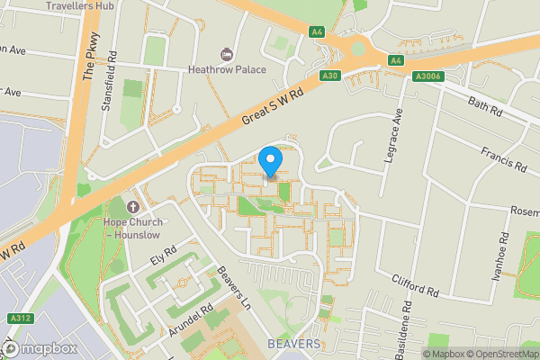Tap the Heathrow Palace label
(x=226, y=67)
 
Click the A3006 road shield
(x=427, y=76)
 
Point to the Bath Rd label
(x=484, y=107)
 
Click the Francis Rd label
(x=502, y=159)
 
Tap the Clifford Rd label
(x=414, y=286)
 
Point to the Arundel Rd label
(x=189, y=321)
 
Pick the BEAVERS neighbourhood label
(x=293, y=345)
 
